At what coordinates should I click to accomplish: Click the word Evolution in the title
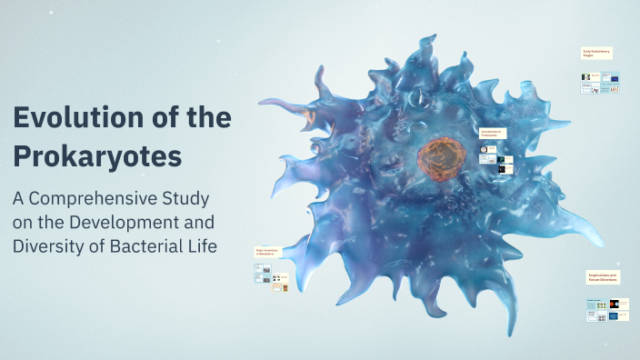74,117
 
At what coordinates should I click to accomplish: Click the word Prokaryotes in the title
96,155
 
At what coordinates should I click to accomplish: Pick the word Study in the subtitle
185,198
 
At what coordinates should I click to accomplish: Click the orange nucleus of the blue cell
442,156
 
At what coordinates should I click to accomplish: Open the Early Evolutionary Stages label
596,54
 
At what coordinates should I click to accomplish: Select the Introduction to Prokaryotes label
492,133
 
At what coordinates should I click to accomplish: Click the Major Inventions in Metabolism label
271,251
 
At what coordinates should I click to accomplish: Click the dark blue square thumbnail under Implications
615,317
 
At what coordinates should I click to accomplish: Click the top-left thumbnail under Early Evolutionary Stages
588,78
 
